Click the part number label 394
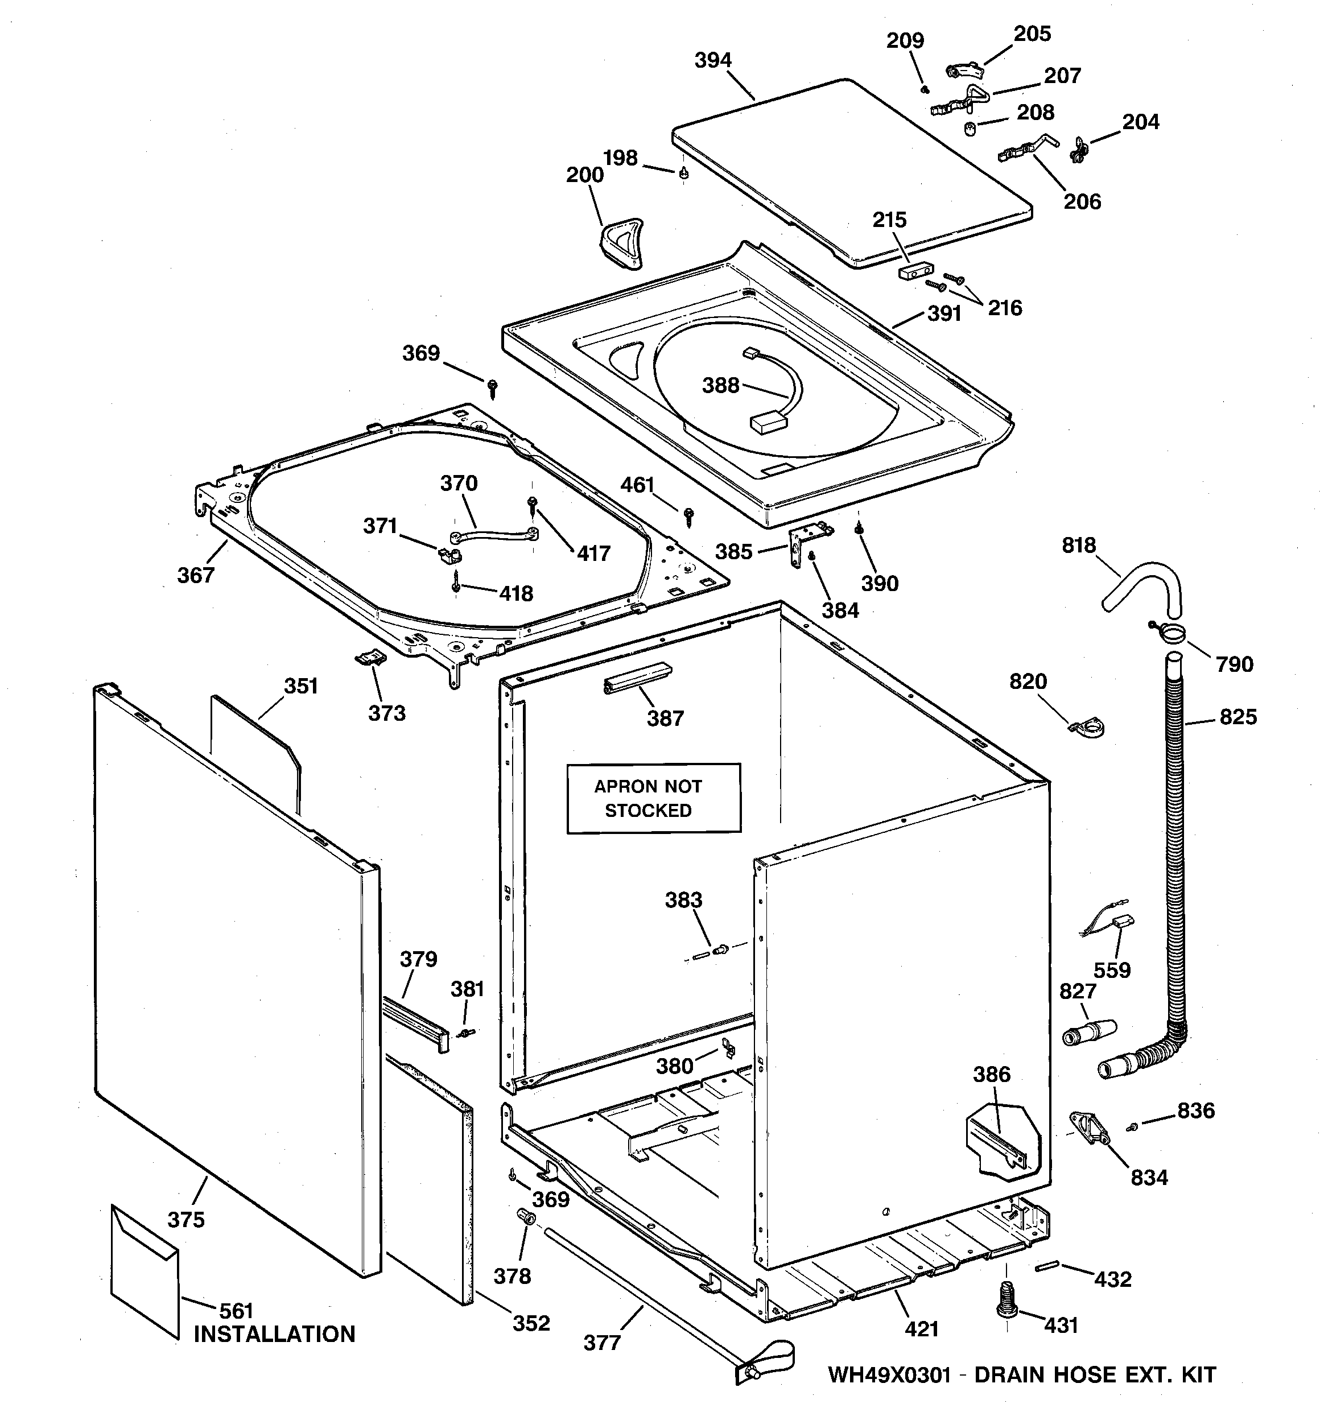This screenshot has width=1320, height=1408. click(x=712, y=61)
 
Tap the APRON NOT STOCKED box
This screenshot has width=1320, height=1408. click(x=653, y=798)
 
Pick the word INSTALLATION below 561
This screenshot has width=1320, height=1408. click(x=274, y=1335)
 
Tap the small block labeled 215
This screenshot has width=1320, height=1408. click(x=915, y=271)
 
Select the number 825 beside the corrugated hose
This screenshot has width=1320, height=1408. click(x=1238, y=717)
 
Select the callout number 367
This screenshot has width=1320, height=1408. click(x=196, y=575)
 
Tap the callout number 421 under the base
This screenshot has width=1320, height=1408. click(x=921, y=1329)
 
